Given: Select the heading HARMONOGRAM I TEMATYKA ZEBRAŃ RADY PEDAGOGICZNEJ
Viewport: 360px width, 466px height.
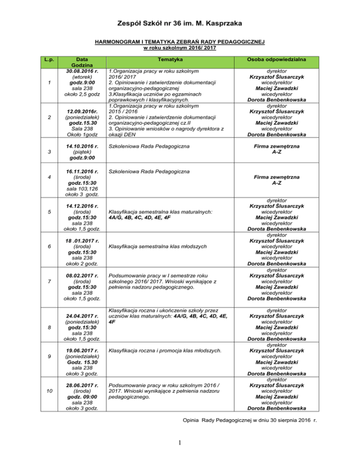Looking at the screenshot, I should point(180,42).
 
